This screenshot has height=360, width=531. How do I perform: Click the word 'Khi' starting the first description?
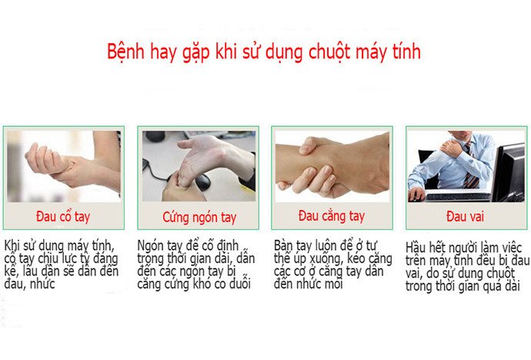coord(14,245)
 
